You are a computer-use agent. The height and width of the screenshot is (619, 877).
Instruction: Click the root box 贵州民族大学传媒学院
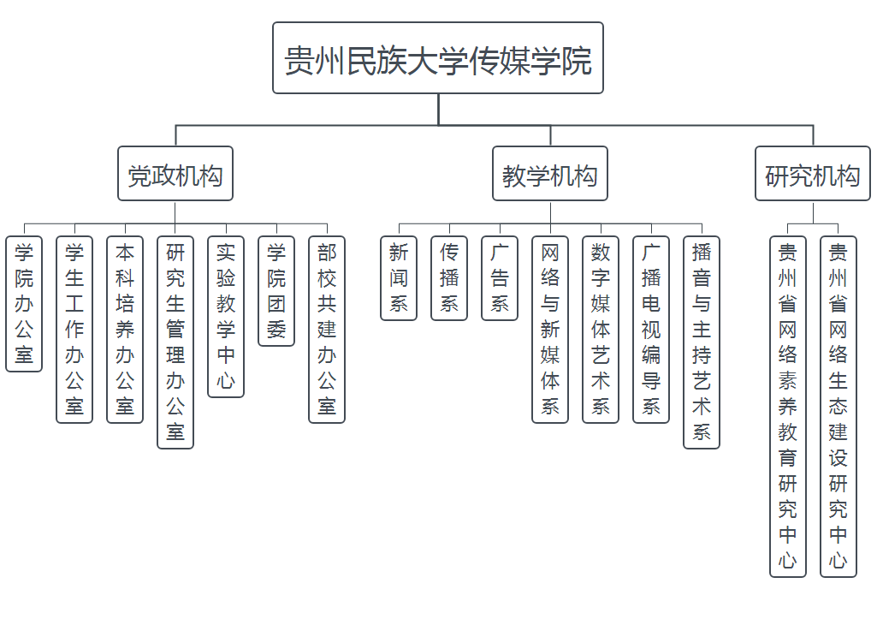438,58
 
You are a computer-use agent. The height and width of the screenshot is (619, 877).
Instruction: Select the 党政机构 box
175,176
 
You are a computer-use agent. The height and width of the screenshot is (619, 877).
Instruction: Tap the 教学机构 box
550,176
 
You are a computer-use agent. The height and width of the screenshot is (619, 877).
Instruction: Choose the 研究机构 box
812,176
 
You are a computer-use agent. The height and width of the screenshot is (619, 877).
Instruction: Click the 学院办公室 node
24,304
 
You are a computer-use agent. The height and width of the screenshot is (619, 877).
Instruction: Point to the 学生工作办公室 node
74,330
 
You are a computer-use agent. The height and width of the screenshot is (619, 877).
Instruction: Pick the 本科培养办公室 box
125,330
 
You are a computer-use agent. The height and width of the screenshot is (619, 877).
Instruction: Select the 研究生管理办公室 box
175,342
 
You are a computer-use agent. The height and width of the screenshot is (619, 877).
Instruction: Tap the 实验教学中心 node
226,317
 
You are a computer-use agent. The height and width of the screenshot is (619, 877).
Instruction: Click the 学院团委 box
276,291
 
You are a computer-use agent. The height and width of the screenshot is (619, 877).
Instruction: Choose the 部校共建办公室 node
327,330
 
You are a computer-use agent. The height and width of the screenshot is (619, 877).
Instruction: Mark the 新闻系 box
399,278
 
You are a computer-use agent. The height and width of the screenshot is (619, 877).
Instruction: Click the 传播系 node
449,278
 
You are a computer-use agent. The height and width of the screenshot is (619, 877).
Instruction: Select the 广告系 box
500,278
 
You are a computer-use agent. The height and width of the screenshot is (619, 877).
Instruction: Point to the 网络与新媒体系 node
550,330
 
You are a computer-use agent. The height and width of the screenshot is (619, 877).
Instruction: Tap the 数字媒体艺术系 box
601,330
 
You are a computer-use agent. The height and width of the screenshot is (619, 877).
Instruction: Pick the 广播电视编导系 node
651,330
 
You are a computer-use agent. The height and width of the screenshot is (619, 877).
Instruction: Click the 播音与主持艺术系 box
702,342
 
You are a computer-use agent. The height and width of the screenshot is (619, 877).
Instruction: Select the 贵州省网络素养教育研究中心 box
788,407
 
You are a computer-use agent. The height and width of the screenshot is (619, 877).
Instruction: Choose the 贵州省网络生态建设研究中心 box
838,407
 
